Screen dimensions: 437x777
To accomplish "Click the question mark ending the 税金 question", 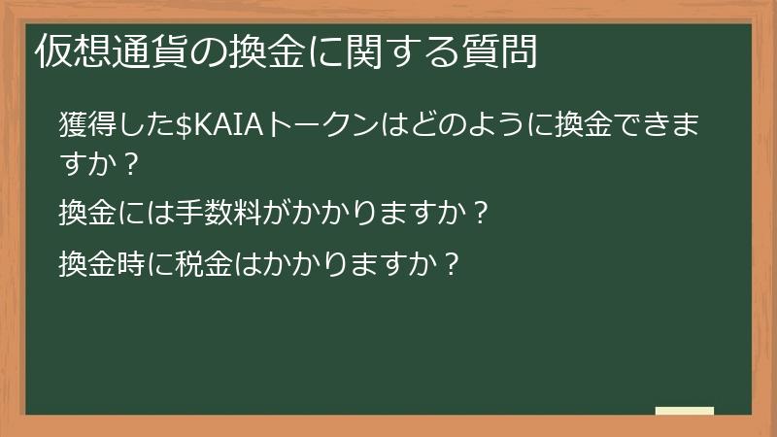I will pyautogui.click(x=449, y=263).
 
